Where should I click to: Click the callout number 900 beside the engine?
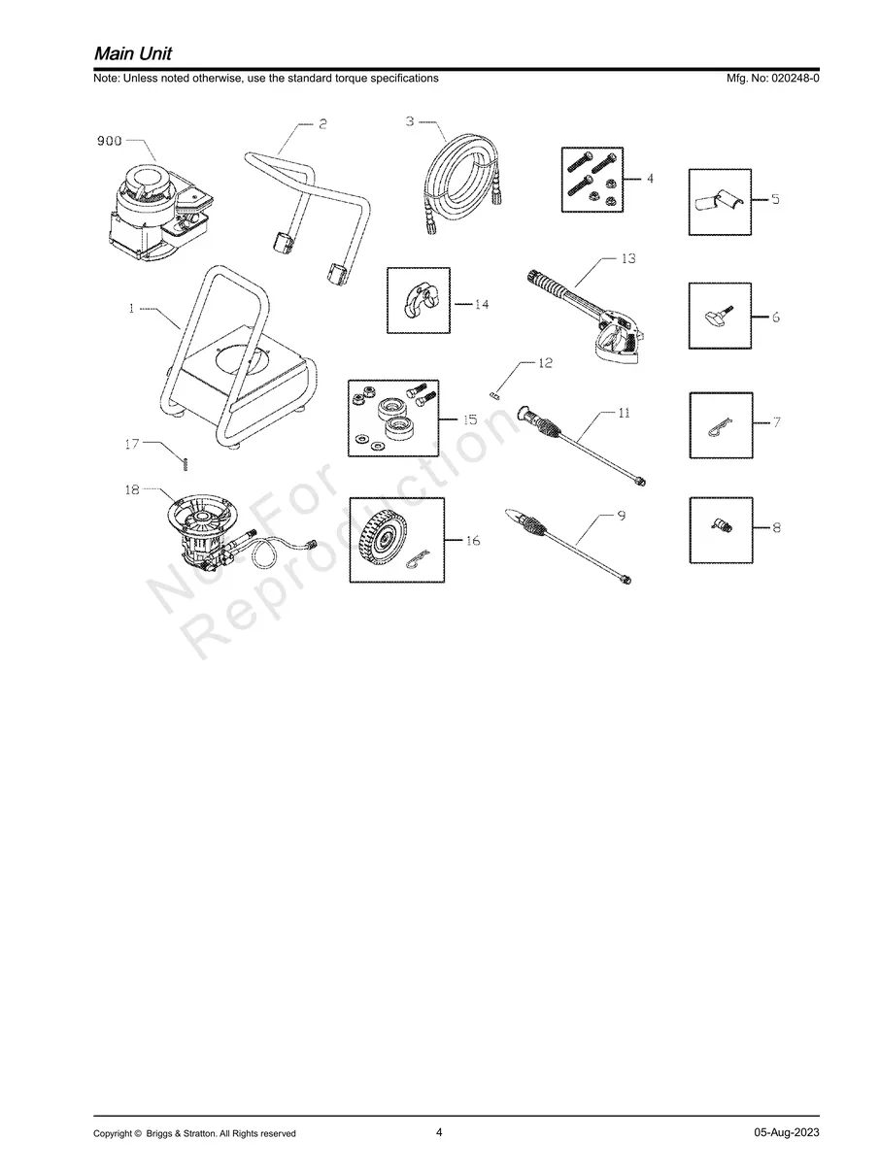point(109,141)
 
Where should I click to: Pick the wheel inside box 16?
point(382,538)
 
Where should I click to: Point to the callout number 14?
point(481,305)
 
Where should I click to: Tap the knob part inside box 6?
point(715,316)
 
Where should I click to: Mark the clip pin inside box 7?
point(719,425)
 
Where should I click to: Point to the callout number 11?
point(623,413)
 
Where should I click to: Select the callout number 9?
point(620,518)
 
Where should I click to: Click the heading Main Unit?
point(133,51)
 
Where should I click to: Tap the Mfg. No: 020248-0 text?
point(772,78)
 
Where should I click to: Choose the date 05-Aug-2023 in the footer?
point(786,1133)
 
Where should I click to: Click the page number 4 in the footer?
point(439,1132)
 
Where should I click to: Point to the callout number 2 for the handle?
point(322,123)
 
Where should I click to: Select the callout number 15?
point(470,419)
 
